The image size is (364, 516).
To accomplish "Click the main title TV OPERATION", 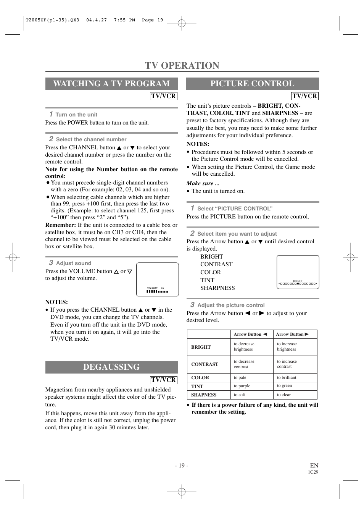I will point(182,65).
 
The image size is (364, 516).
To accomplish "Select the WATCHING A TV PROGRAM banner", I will point(111,84).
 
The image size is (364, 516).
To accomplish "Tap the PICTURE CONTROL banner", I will point(252,84).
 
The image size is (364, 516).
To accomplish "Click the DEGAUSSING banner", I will point(111,367).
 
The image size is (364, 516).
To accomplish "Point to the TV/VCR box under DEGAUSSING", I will point(163,380).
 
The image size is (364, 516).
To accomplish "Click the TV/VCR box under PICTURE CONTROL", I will point(304,96).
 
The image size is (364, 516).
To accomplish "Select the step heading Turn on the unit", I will point(76,115).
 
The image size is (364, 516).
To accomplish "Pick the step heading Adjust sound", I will point(73,263).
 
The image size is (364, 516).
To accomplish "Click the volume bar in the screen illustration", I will point(157,291).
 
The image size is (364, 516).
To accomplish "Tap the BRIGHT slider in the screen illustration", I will point(298,283).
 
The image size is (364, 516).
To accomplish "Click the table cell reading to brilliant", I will point(287,377).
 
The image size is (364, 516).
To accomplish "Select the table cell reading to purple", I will point(242,386).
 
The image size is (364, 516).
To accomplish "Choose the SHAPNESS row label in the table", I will point(204,395).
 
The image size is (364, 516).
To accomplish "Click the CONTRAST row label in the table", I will point(205,364).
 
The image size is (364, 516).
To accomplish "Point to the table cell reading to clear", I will point(283,395).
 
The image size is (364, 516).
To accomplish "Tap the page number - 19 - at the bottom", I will point(182,465).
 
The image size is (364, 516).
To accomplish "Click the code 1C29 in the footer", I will point(313,472).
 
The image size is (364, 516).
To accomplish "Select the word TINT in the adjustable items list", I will point(207,280).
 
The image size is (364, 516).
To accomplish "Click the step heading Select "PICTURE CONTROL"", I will point(234,209).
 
